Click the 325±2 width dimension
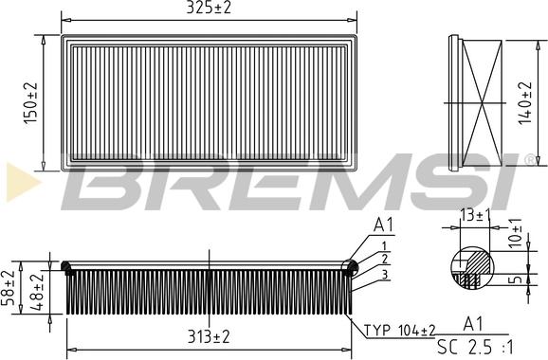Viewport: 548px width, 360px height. (x=210, y=9)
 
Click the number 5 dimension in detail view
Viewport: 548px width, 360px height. (x=513, y=280)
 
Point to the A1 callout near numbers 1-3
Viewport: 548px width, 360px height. (x=384, y=225)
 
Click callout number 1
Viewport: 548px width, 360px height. (x=384, y=245)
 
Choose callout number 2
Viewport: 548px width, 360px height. (x=384, y=259)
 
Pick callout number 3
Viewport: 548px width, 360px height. (x=384, y=274)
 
